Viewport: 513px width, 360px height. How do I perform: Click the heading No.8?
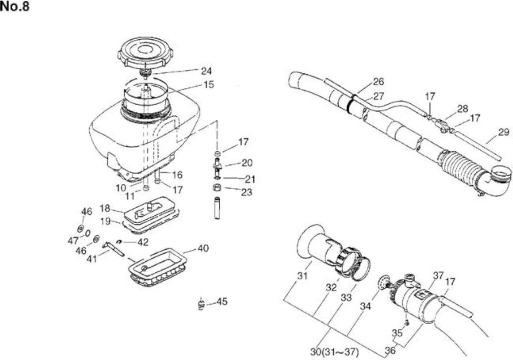14,6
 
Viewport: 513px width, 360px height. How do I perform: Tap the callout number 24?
206,71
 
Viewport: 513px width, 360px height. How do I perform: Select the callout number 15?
209,85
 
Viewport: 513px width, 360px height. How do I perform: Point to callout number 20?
247,163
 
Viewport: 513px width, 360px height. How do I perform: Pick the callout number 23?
246,192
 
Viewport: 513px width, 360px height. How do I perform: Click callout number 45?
222,301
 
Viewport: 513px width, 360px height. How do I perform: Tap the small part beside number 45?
200,304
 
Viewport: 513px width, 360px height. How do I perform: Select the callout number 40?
203,249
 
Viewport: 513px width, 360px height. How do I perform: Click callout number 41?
92,259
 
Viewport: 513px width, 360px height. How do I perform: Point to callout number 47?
73,241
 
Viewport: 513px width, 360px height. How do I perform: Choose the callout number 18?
105,208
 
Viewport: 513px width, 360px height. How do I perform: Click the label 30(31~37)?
335,352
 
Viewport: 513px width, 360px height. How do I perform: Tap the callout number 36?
390,350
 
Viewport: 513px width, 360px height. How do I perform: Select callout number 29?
504,132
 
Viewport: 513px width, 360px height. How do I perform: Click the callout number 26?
379,82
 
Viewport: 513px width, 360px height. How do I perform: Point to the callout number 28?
463,109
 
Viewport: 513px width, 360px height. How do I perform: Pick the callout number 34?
365,306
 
